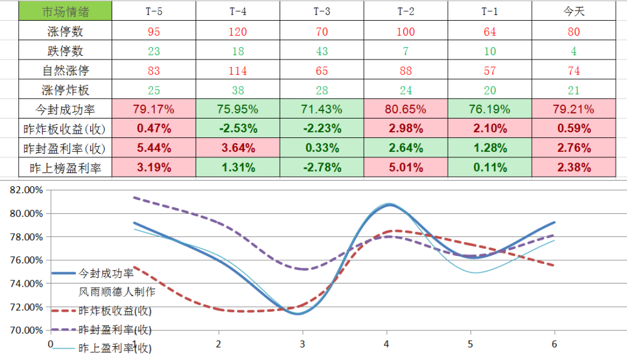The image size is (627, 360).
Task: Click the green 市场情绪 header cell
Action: pyautogui.click(x=65, y=11)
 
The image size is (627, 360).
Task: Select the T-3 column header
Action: pyautogui.click(x=322, y=11)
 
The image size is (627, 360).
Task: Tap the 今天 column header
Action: pyautogui.click(x=574, y=11)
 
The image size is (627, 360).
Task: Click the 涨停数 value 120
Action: pyautogui.click(x=238, y=31)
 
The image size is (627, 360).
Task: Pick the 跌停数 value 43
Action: pyautogui.click(x=322, y=51)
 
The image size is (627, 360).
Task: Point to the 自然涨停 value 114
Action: pyautogui.click(x=238, y=71)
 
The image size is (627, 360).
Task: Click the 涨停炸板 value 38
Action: pyautogui.click(x=238, y=90)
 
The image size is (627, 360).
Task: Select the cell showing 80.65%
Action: pyautogui.click(x=406, y=109)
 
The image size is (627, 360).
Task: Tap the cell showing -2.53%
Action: pyautogui.click(x=238, y=129)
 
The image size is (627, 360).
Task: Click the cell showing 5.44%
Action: pyautogui.click(x=154, y=148)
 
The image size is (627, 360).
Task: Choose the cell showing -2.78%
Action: pyautogui.click(x=322, y=167)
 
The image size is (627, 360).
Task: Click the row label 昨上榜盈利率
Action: pyautogui.click(x=65, y=168)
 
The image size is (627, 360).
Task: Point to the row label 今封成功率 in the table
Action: pyautogui.click(x=65, y=109)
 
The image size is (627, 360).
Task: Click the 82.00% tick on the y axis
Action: pyautogui.click(x=26, y=190)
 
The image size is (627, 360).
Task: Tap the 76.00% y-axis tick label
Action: pyautogui.click(x=26, y=260)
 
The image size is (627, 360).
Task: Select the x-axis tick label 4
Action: pyautogui.click(x=386, y=344)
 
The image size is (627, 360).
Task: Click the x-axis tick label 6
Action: pyautogui.click(x=554, y=344)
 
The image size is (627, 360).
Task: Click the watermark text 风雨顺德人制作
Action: pyautogui.click(x=117, y=292)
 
